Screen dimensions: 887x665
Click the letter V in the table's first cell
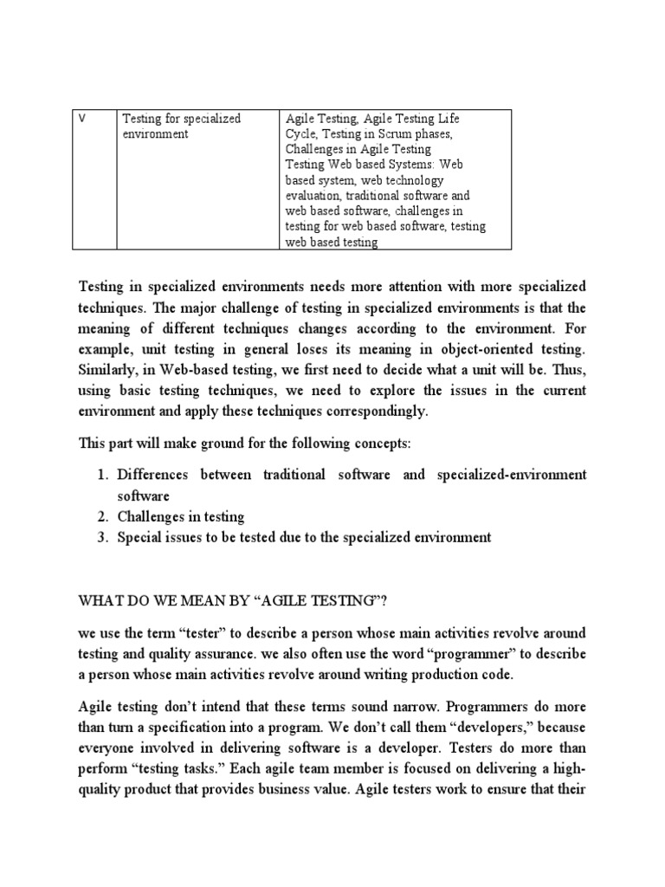click(82, 118)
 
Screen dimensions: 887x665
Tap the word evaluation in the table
click(315, 196)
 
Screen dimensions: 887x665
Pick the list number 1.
click(101, 475)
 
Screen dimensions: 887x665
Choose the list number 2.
click(101, 517)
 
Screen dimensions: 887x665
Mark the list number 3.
click(101, 538)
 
